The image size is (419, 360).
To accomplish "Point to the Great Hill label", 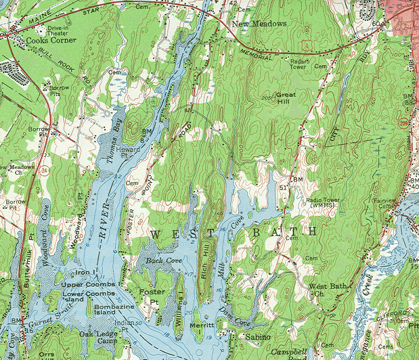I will pos(285,98).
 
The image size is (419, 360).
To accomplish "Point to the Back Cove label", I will pos(159,260).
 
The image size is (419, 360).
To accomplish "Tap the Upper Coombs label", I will pos(88,284).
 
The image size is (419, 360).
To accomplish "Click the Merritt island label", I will pos(202,328).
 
